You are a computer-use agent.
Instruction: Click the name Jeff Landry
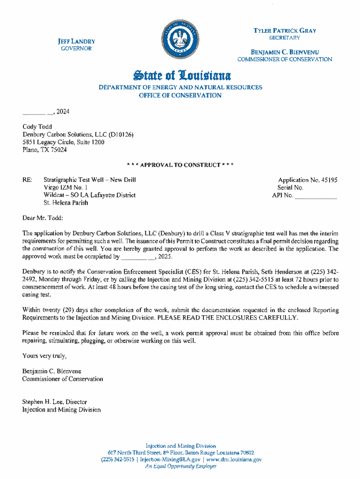pos(77,41)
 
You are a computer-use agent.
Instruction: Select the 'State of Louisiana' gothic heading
pos(180,75)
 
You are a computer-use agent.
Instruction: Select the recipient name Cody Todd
pos(37,127)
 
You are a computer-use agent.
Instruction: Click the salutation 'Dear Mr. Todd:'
pos(43,218)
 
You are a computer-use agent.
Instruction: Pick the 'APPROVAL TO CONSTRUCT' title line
pos(180,165)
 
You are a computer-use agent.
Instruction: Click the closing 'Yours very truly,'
pos(44,356)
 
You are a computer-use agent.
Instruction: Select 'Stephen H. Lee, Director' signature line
pos(55,402)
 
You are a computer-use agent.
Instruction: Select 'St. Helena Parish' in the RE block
pos(65,203)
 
